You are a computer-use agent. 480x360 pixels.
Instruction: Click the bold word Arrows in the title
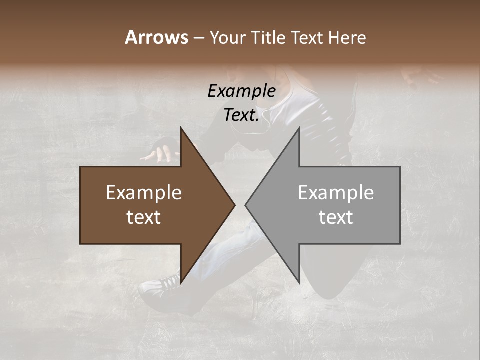click(156, 37)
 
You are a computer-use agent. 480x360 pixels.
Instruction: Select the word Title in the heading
click(270, 37)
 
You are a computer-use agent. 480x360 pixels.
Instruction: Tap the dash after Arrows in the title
click(198, 38)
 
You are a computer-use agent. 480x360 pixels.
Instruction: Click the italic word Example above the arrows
click(241, 91)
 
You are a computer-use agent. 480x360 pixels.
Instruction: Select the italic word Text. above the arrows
click(241, 115)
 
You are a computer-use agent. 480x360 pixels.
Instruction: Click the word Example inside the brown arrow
click(144, 193)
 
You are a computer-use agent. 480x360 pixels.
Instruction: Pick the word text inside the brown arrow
click(144, 217)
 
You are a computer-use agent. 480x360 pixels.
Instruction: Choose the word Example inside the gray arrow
click(336, 193)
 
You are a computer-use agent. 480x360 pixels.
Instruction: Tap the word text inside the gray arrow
click(336, 217)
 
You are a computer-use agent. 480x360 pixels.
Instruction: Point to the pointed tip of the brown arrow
click(234, 205)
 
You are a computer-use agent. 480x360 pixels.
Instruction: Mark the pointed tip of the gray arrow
click(245, 205)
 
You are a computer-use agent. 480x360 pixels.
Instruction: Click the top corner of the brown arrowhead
click(181, 127)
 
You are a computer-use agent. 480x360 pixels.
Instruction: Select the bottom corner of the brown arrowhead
click(181, 283)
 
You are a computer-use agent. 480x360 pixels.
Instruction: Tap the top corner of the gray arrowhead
click(299, 127)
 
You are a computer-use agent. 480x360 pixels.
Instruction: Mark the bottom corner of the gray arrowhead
click(299, 283)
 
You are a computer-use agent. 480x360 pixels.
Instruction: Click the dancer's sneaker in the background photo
click(160, 285)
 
